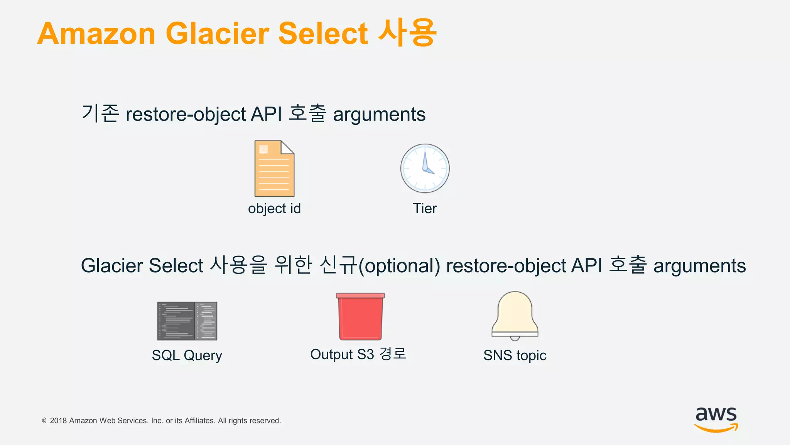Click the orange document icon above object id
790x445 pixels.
[274, 169]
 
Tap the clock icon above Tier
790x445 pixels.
[425, 168]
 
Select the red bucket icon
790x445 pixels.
[360, 317]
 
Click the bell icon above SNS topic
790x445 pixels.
[515, 315]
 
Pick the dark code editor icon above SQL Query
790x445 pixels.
[187, 321]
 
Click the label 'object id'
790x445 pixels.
[274, 209]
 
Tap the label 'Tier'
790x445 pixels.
[425, 209]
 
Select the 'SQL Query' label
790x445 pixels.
[187, 355]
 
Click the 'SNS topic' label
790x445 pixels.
[515, 355]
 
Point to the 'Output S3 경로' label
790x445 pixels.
[358, 354]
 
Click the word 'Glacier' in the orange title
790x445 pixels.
[217, 34]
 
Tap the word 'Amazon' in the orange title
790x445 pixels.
[96, 34]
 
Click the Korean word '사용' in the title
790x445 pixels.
[407, 33]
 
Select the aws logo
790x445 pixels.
[716, 419]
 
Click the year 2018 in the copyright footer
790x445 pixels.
[58, 421]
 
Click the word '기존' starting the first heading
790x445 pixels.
[100, 114]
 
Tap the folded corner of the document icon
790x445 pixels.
[287, 148]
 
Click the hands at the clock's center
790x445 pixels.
[426, 167]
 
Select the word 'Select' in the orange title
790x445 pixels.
[323, 34]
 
